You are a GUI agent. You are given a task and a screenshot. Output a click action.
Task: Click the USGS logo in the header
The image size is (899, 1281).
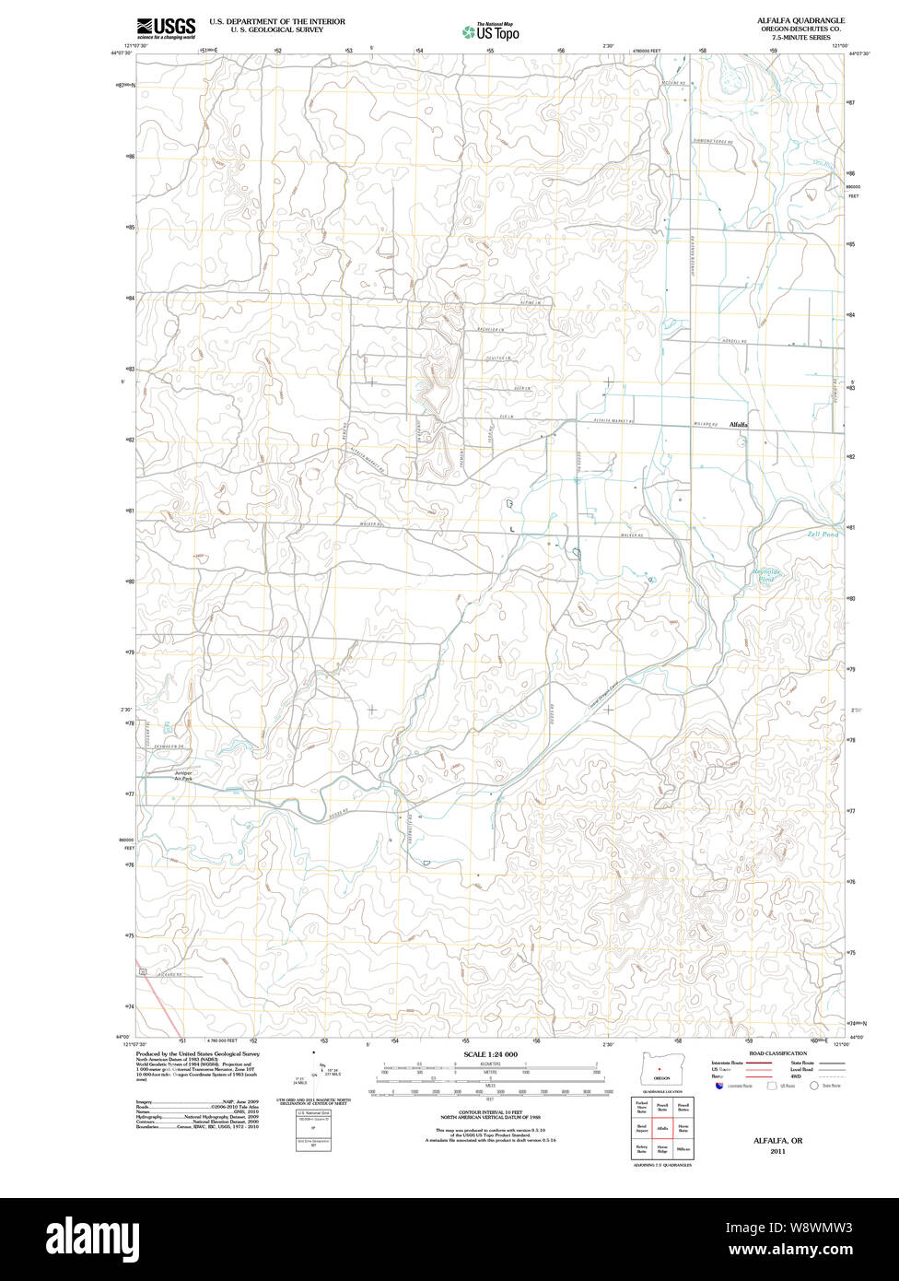pyautogui.click(x=166, y=29)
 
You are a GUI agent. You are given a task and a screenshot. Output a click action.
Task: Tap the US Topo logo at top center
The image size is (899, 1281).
pyautogui.click(x=490, y=32)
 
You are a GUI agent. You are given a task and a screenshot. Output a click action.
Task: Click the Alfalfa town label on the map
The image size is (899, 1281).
pyautogui.click(x=738, y=425)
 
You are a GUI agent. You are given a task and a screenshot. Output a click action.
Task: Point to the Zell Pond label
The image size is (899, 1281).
pyautogui.click(x=823, y=535)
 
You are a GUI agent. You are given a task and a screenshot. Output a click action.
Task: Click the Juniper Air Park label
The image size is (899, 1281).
pyautogui.click(x=183, y=775)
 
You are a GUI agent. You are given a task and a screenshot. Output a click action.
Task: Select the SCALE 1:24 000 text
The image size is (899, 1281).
pyautogui.click(x=490, y=1054)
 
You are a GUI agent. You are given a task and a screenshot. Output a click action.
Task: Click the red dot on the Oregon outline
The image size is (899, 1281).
pyautogui.click(x=660, y=1069)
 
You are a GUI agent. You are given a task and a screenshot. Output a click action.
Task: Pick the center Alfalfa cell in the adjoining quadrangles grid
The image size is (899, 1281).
pyautogui.click(x=661, y=1127)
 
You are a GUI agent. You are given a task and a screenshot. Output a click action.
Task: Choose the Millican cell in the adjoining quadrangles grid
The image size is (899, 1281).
pyautogui.click(x=683, y=1149)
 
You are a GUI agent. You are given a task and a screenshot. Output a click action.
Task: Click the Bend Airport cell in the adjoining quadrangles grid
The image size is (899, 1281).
pyautogui.click(x=641, y=1127)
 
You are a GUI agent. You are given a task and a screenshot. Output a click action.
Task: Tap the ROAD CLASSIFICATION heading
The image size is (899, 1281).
pyautogui.click(x=777, y=1053)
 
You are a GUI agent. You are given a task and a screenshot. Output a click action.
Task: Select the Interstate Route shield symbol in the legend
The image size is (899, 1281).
pyautogui.click(x=720, y=1087)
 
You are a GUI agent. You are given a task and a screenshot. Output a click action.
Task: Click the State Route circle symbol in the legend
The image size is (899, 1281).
pyautogui.click(x=814, y=1087)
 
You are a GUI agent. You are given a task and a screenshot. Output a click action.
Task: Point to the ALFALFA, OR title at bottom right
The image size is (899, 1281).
pyautogui.click(x=777, y=1140)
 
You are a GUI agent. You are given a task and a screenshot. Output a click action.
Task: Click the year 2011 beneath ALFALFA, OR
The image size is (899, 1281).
pyautogui.click(x=777, y=1151)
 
